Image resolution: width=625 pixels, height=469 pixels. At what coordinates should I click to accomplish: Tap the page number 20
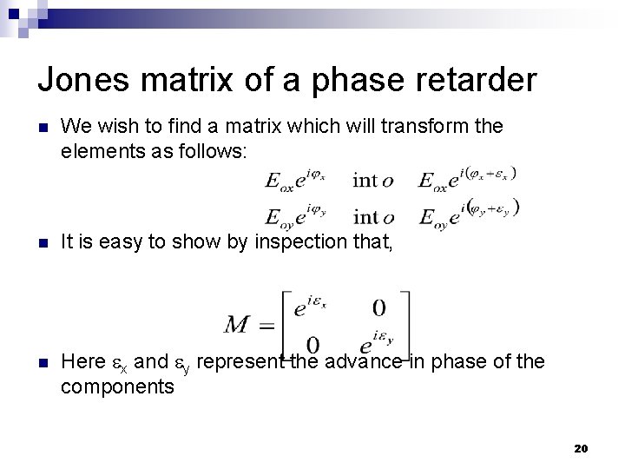[581, 448]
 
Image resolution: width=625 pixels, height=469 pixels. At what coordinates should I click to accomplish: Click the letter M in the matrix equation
[237, 325]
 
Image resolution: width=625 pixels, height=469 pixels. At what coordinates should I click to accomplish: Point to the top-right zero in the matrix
[378, 307]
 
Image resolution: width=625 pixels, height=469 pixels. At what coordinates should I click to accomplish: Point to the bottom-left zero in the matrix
[312, 345]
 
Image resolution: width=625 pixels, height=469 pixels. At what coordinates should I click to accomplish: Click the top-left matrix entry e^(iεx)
[311, 308]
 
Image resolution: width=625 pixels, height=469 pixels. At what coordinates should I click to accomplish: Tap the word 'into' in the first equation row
[373, 181]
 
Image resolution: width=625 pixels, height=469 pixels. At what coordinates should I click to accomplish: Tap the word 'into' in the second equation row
[373, 216]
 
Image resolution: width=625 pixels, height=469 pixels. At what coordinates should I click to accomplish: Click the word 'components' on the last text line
[117, 386]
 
